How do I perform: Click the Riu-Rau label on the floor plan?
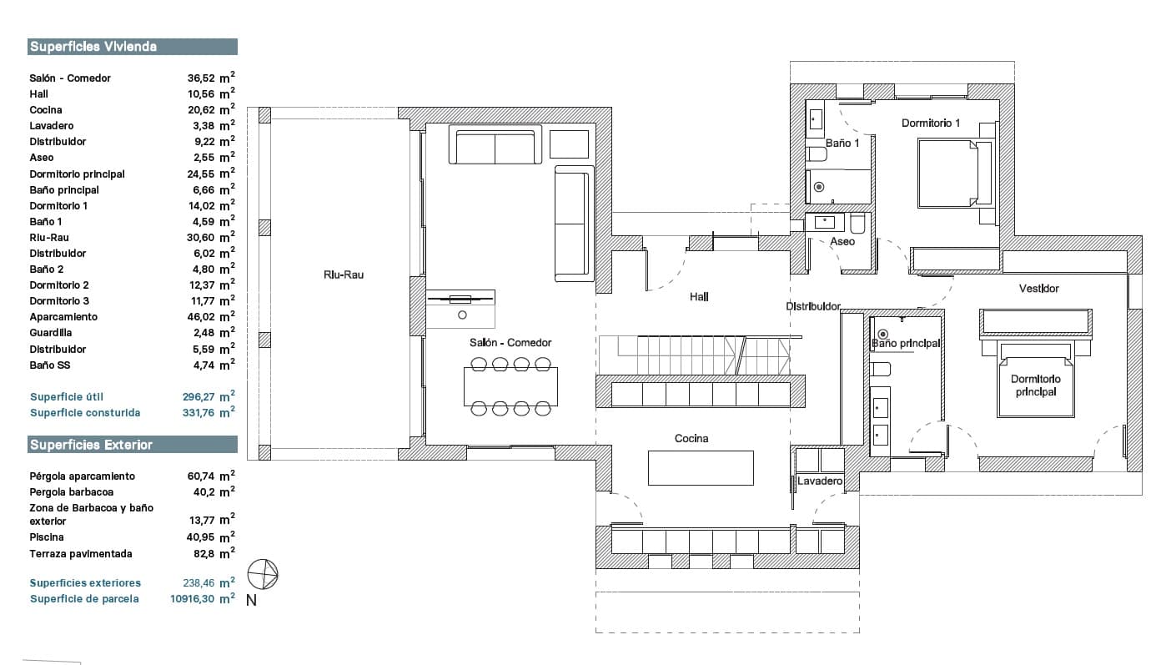click(x=344, y=275)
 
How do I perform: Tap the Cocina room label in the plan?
click(x=691, y=438)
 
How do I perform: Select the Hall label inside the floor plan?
click(x=699, y=297)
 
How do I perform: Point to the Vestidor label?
click(x=1038, y=289)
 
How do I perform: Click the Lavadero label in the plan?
click(x=820, y=481)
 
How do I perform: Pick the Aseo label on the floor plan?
click(x=842, y=242)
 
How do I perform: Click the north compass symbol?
click(x=263, y=574)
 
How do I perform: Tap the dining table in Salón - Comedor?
click(x=510, y=387)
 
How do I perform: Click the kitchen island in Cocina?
click(x=701, y=467)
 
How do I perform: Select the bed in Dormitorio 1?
click(x=955, y=174)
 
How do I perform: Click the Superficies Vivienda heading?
click(x=93, y=47)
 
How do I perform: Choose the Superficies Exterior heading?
click(x=91, y=445)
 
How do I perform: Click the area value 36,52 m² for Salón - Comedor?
click(x=211, y=78)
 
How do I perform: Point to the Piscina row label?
click(x=47, y=537)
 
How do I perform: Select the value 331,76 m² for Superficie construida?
click(x=209, y=412)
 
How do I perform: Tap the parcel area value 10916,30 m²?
click(x=203, y=598)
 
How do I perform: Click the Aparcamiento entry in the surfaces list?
click(x=63, y=317)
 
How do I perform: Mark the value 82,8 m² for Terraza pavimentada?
click(x=214, y=553)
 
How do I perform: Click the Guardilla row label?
click(x=50, y=332)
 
